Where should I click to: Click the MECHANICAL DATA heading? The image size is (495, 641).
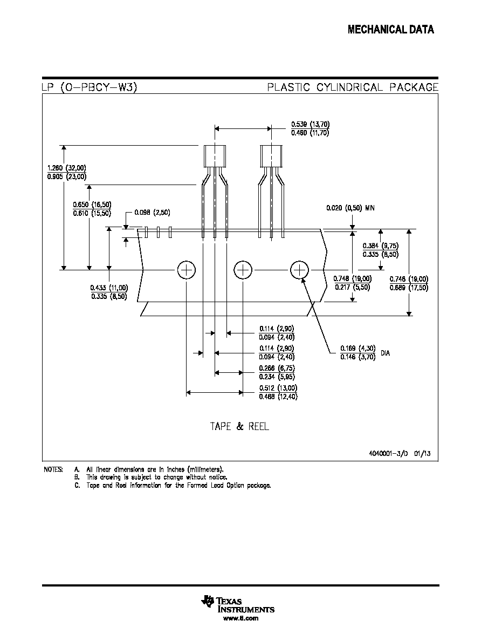tap(391, 30)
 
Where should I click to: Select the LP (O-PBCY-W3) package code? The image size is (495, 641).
tap(90, 87)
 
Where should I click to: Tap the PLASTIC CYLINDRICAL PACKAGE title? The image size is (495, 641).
tap(353, 87)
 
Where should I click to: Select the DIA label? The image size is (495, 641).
tap(385, 353)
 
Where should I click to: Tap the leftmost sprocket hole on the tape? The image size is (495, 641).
tap(186, 270)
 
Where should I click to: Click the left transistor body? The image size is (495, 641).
tap(215, 156)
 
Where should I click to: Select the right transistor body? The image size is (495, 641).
tap(271, 156)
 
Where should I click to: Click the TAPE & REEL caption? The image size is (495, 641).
tap(240, 426)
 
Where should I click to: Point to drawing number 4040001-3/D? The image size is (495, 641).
tap(388, 453)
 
